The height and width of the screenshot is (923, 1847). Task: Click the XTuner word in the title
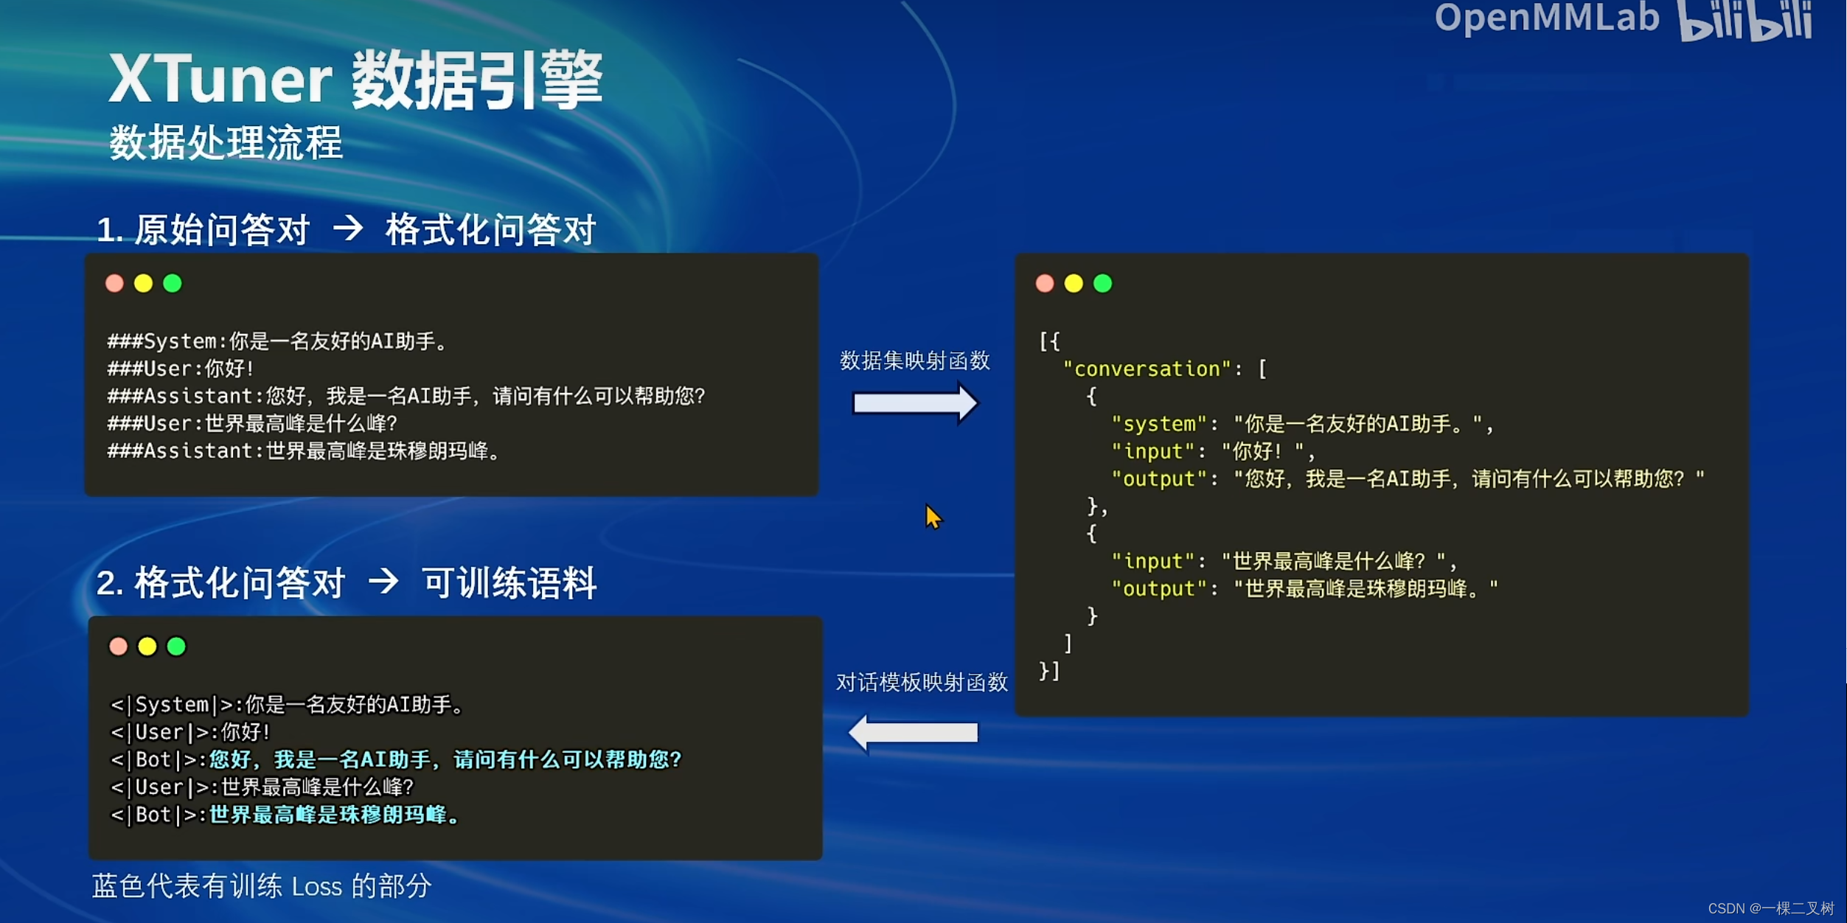pyautogui.click(x=220, y=80)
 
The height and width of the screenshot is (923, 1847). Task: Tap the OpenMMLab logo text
pyautogui.click(x=1546, y=18)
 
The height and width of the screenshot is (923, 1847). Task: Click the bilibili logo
pyautogui.click(x=1745, y=21)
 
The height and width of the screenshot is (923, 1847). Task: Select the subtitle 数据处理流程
pyautogui.click(x=226, y=142)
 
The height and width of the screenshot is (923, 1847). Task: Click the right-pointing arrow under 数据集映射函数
pyautogui.click(x=915, y=403)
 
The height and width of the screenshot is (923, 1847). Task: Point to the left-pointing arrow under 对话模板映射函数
pyautogui.click(x=914, y=733)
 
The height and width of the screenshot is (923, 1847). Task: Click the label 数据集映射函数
pyautogui.click(x=914, y=361)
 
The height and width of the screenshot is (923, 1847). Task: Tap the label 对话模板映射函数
pyautogui.click(x=922, y=683)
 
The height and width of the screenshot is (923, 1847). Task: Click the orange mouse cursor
pyautogui.click(x=933, y=516)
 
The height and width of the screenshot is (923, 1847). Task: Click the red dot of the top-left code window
pyautogui.click(x=114, y=283)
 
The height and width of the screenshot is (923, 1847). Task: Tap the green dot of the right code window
pyautogui.click(x=1102, y=283)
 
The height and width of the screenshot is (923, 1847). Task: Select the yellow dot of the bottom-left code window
pyautogui.click(x=147, y=647)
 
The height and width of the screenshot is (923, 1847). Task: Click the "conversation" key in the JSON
pyautogui.click(x=1147, y=369)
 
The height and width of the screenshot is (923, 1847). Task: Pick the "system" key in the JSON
pyautogui.click(x=1159, y=424)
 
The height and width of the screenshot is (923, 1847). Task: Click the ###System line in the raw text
pyautogui.click(x=277, y=341)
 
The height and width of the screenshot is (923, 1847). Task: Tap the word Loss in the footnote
pyautogui.click(x=316, y=886)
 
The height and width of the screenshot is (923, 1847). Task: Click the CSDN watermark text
pyautogui.click(x=1770, y=908)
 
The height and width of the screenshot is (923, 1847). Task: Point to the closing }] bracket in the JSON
pyautogui.click(x=1048, y=671)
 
